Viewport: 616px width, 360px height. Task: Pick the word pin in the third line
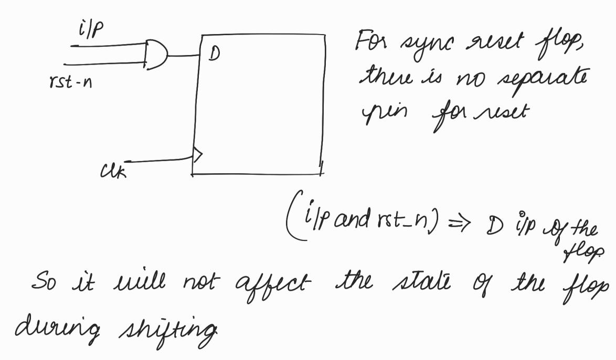coord(376,112)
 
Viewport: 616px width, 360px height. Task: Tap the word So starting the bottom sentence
coord(43,284)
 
